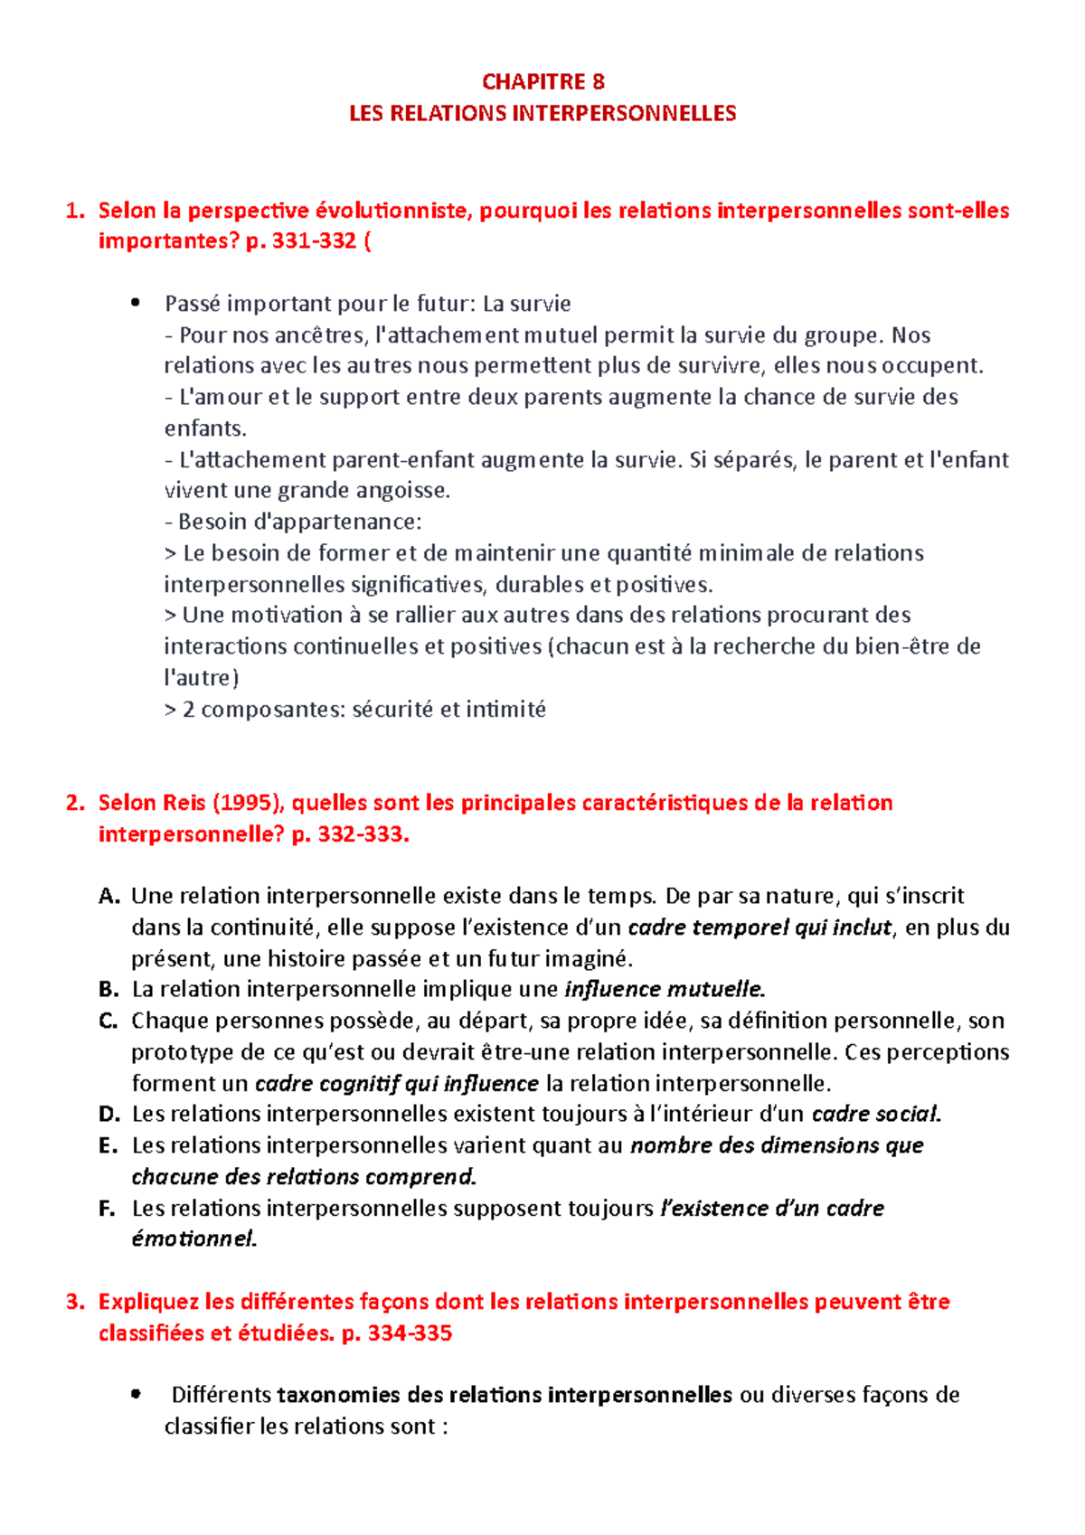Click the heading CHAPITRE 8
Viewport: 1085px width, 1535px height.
542,82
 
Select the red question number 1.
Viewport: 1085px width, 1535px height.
74,212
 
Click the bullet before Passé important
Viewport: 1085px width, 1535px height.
136,304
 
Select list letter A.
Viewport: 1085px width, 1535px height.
108,897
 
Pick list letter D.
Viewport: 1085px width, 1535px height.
108,1115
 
